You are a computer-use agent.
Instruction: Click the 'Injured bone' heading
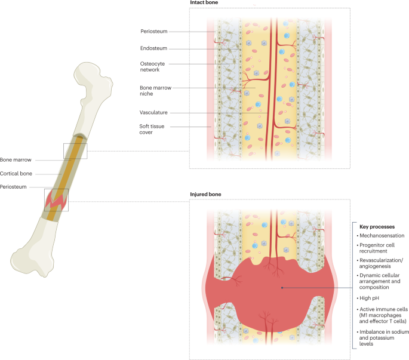[x=204, y=194]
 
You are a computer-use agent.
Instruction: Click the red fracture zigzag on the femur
[x=56, y=201]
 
